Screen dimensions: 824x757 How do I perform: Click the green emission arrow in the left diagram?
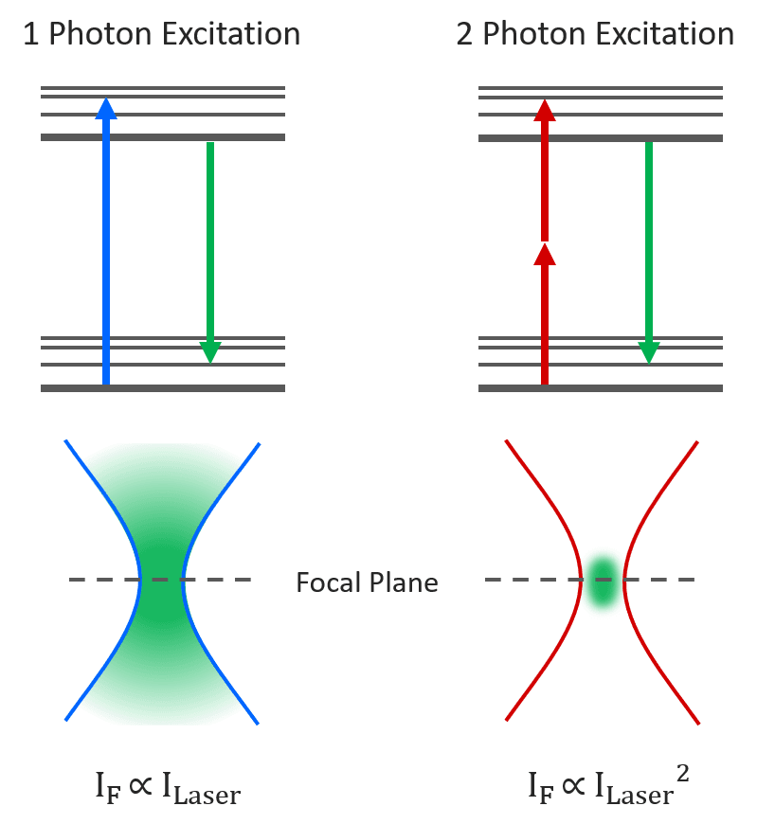210,246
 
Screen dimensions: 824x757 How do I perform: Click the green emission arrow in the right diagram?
648,246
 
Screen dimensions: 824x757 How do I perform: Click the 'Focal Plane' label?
367,582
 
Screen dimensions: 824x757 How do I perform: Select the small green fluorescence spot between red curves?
602,581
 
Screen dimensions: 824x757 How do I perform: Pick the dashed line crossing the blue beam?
95,580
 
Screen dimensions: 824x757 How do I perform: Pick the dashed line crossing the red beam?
663,580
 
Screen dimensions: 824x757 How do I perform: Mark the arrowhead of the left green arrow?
210,352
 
